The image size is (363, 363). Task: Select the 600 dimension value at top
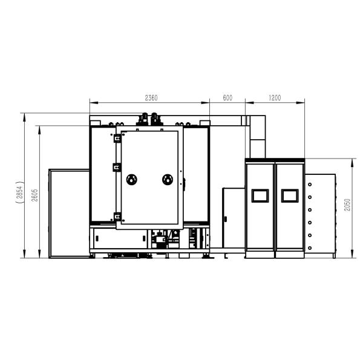(x=227, y=97)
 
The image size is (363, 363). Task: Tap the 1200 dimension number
(x=275, y=97)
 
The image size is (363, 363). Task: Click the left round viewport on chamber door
(x=131, y=180)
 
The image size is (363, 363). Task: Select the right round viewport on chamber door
(x=168, y=180)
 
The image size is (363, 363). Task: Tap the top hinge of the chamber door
(x=117, y=139)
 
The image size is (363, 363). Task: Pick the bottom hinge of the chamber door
(x=117, y=215)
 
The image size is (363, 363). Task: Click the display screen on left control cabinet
(x=260, y=195)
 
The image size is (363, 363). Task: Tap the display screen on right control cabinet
(x=290, y=195)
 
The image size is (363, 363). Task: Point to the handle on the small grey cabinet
(x=224, y=218)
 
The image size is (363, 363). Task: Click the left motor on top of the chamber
(x=145, y=119)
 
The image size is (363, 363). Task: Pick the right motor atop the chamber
(x=157, y=119)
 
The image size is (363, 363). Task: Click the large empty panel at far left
(x=68, y=212)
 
